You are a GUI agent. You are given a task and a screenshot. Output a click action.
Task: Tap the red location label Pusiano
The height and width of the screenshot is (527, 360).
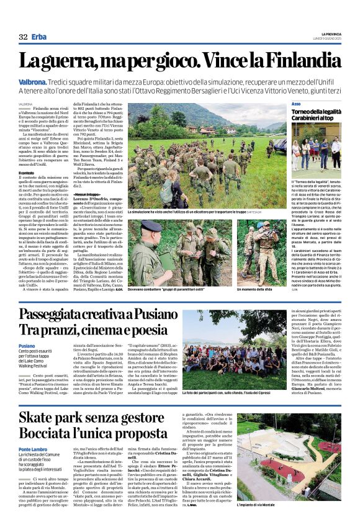click(27, 346)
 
